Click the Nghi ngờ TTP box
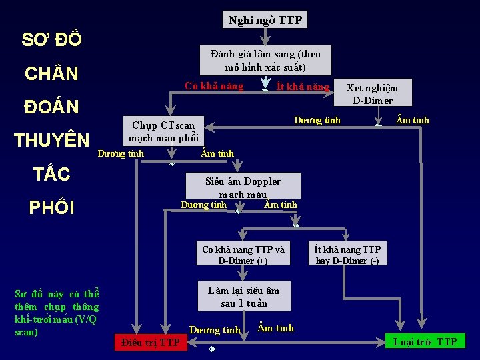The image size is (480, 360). [265, 20]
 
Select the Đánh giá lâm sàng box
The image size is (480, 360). [265, 61]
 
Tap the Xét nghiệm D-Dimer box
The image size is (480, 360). [373, 93]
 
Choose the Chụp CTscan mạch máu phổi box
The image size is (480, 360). [163, 131]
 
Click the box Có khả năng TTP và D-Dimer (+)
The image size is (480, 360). [243, 255]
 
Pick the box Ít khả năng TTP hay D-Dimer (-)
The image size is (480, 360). [347, 255]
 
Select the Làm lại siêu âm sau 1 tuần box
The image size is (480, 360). [243, 297]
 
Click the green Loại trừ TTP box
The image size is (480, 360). [425, 342]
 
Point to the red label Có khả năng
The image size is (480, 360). [214, 87]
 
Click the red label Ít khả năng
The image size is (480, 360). [303, 87]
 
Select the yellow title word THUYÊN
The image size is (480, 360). [51, 140]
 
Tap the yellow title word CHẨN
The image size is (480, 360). [51, 73]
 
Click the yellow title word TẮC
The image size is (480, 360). [51, 174]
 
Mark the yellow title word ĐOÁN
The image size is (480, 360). [51, 107]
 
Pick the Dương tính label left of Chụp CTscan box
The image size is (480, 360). [121, 154]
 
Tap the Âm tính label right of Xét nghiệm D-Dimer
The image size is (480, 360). [413, 121]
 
